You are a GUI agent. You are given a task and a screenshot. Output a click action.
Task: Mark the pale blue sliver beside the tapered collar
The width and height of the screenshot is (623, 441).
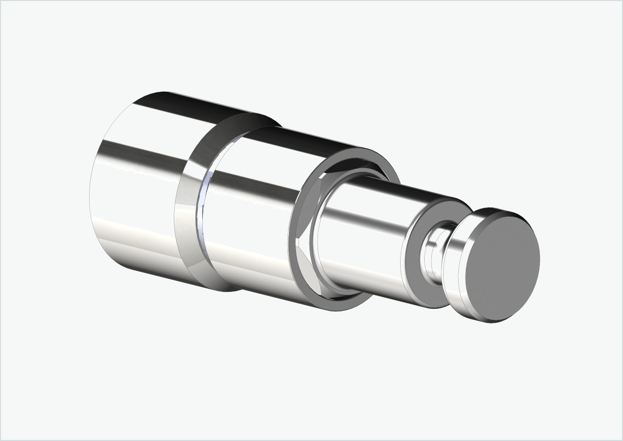coord(201,210)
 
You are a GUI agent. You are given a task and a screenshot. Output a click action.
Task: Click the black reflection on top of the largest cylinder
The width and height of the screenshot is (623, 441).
coord(200,108)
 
